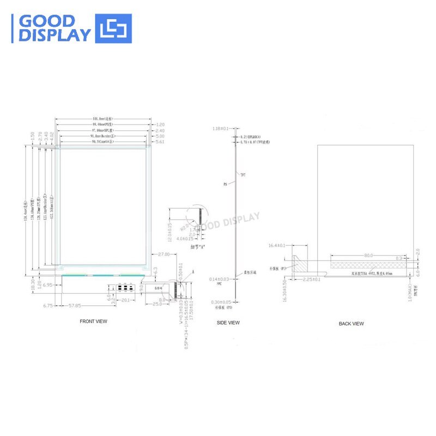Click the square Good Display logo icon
[113, 28]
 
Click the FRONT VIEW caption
[94, 322]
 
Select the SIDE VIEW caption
[228, 323]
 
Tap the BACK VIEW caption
[351, 324]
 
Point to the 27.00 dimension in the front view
[163, 255]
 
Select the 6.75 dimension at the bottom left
[47, 306]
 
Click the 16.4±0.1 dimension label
[277, 245]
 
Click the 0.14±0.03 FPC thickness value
[219, 278]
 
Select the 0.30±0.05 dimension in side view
[221, 301]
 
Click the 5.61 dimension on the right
[160, 142]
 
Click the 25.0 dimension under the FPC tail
[158, 304]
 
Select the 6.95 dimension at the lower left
[47, 285]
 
